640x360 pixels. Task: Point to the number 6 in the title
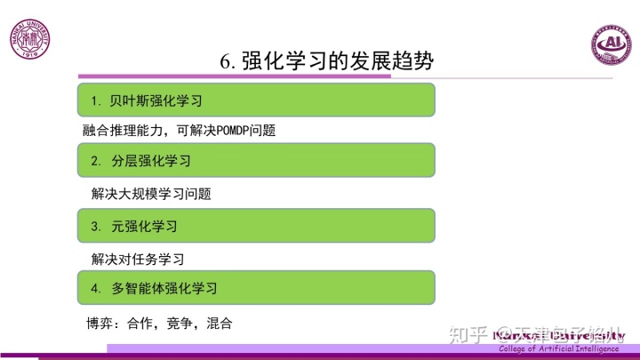click(x=226, y=61)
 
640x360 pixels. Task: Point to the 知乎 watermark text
click(x=468, y=334)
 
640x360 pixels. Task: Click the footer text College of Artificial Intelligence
click(x=558, y=348)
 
